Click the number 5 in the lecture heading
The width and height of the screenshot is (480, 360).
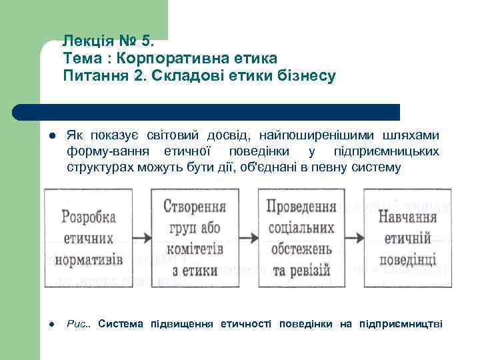149,42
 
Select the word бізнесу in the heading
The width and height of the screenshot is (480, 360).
305,76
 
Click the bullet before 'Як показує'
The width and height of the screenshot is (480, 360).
51,137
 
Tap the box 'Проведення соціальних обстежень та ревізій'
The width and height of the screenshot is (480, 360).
300,238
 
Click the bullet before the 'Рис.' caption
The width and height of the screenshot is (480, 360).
51,325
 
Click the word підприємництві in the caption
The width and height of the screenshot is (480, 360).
400,324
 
